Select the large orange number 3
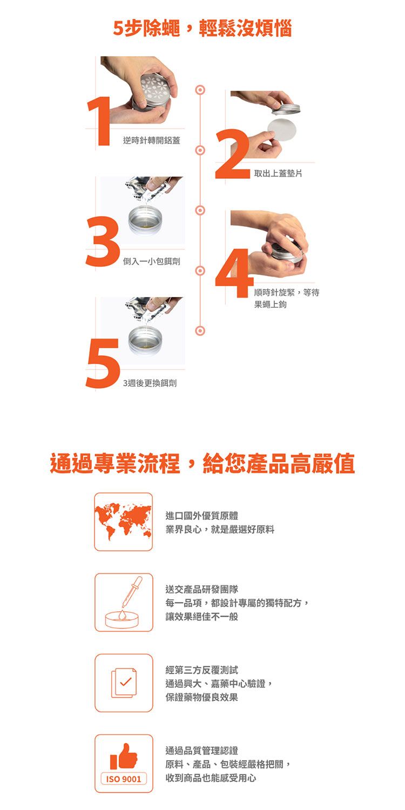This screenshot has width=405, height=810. click(x=103, y=241)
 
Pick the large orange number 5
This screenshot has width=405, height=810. click(x=103, y=363)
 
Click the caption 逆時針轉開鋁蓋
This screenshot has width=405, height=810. click(x=152, y=140)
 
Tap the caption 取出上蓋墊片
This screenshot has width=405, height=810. click(x=278, y=173)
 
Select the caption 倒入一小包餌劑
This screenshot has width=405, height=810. click(x=152, y=261)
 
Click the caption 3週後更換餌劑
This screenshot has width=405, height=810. click(x=150, y=383)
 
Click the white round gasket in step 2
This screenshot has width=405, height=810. click(x=282, y=130)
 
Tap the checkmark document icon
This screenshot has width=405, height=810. click(x=124, y=683)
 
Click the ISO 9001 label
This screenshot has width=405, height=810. click(x=124, y=779)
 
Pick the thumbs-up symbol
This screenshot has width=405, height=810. click(x=124, y=757)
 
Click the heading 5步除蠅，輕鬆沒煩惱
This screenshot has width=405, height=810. click(x=202, y=28)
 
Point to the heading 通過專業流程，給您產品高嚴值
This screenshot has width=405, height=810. click(x=202, y=463)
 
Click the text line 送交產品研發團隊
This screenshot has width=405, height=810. click(x=202, y=589)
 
